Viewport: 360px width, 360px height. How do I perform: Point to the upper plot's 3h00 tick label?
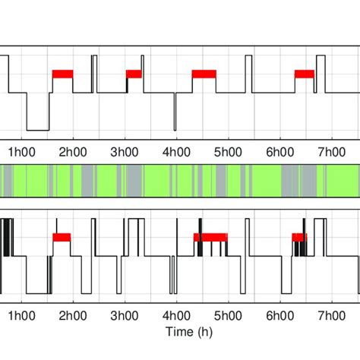(125, 150)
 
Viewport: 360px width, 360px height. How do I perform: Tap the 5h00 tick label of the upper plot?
(227, 150)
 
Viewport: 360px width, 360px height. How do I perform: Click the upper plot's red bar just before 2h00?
(62, 74)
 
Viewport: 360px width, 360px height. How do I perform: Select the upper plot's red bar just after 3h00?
(134, 74)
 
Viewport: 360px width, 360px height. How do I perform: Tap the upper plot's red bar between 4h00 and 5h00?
(204, 74)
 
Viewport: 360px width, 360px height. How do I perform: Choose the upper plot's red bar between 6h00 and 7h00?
(304, 74)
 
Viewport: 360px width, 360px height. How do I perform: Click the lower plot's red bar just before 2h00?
(62, 237)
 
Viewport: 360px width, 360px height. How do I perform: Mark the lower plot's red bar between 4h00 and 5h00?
(210, 237)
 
